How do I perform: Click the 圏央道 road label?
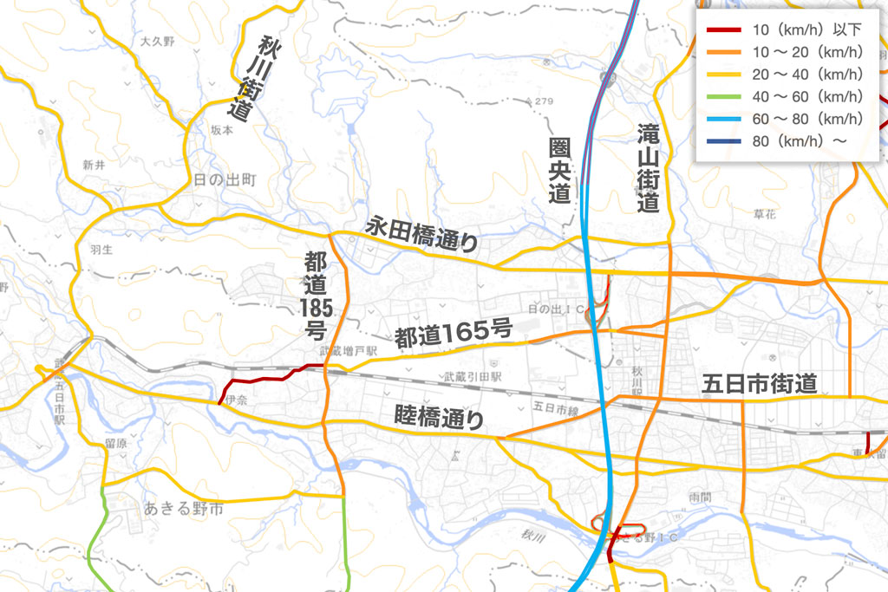pos(560,170)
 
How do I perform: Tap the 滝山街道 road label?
pos(647,168)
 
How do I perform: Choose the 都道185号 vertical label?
pos(314,295)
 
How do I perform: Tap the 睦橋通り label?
pos(439,419)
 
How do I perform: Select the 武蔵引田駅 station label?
pos(473,377)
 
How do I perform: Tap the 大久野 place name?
pos(157,42)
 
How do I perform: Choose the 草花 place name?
pos(766,214)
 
